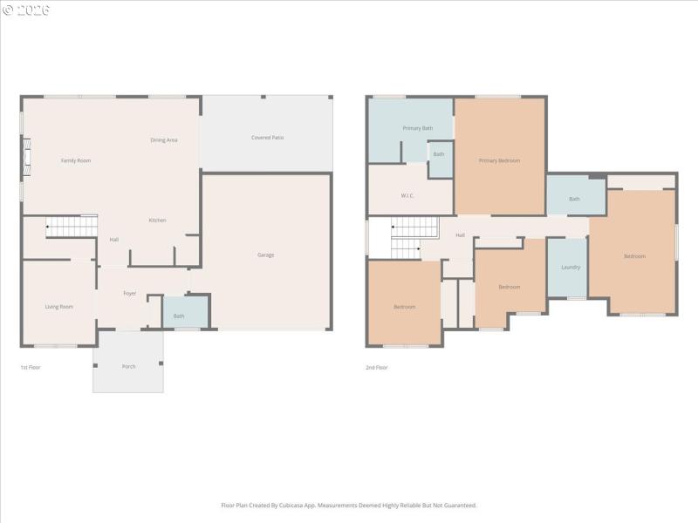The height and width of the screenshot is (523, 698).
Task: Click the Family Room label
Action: click(75, 160)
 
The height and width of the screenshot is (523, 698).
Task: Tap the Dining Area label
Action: click(164, 139)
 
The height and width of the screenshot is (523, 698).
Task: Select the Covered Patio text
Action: click(267, 138)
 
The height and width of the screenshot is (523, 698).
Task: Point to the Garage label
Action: click(265, 255)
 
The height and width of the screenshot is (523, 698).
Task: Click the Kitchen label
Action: click(157, 220)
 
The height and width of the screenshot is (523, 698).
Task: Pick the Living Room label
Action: click(58, 306)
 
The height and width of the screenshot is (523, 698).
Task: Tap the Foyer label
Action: click(129, 293)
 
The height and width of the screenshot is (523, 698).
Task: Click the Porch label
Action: click(128, 366)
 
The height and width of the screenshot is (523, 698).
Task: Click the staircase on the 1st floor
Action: click(71, 228)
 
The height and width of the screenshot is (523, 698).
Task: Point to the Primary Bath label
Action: click(417, 128)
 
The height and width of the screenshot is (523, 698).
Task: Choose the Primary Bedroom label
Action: click(499, 160)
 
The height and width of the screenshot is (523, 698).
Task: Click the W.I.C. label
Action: click(407, 195)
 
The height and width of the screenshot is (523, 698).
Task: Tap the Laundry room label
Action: click(571, 268)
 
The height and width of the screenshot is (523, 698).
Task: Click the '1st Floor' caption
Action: click(31, 367)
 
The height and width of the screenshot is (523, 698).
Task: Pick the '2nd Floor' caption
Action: click(377, 367)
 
